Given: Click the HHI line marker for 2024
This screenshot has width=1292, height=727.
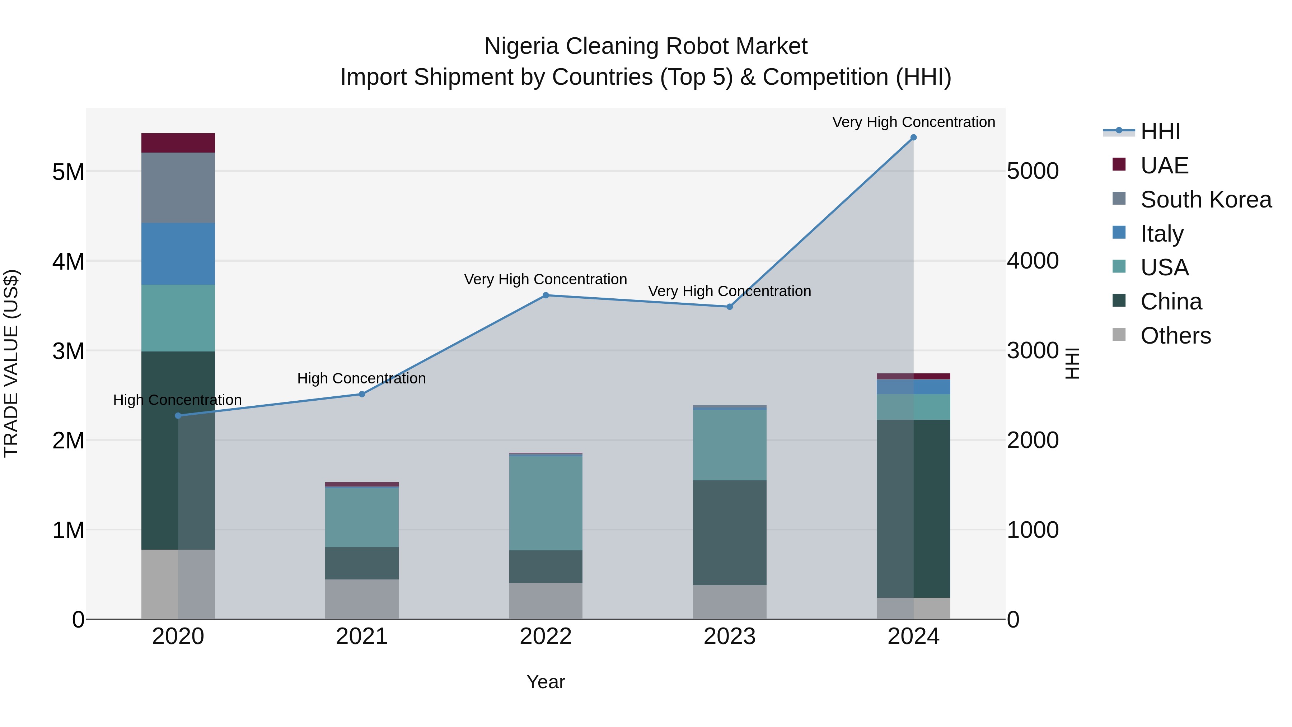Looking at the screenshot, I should pyautogui.click(x=913, y=138).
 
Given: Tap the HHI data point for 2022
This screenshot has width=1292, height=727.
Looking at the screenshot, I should pyautogui.click(x=546, y=295).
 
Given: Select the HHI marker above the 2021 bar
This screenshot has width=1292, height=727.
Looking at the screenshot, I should pyautogui.click(x=362, y=394).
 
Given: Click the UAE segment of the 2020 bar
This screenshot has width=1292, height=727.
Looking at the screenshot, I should pyautogui.click(x=178, y=143).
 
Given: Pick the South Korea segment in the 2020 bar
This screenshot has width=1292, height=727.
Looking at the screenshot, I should pyautogui.click(x=178, y=188).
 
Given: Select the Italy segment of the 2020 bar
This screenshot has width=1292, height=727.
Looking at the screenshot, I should pyautogui.click(x=178, y=254).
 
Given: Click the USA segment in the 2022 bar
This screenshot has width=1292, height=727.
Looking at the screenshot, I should pyautogui.click(x=546, y=503).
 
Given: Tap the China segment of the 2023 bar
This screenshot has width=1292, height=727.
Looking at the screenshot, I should pyautogui.click(x=730, y=533).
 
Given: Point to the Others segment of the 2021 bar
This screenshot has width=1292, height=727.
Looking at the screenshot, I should pyautogui.click(x=362, y=599).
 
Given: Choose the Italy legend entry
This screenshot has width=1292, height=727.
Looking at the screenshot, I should pyautogui.click(x=1162, y=234).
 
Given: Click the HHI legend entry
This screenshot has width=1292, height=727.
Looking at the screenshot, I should pyautogui.click(x=1160, y=131).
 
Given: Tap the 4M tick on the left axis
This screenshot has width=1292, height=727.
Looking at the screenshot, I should pyautogui.click(x=68, y=261).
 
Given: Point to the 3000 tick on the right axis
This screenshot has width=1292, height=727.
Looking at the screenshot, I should pyautogui.click(x=1033, y=351).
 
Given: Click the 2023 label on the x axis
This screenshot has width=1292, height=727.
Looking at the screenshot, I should pyautogui.click(x=730, y=637).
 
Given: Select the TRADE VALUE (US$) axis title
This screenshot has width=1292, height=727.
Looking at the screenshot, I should pyautogui.click(x=11, y=363).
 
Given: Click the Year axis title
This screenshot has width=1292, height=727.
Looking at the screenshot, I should pyautogui.click(x=546, y=682).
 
